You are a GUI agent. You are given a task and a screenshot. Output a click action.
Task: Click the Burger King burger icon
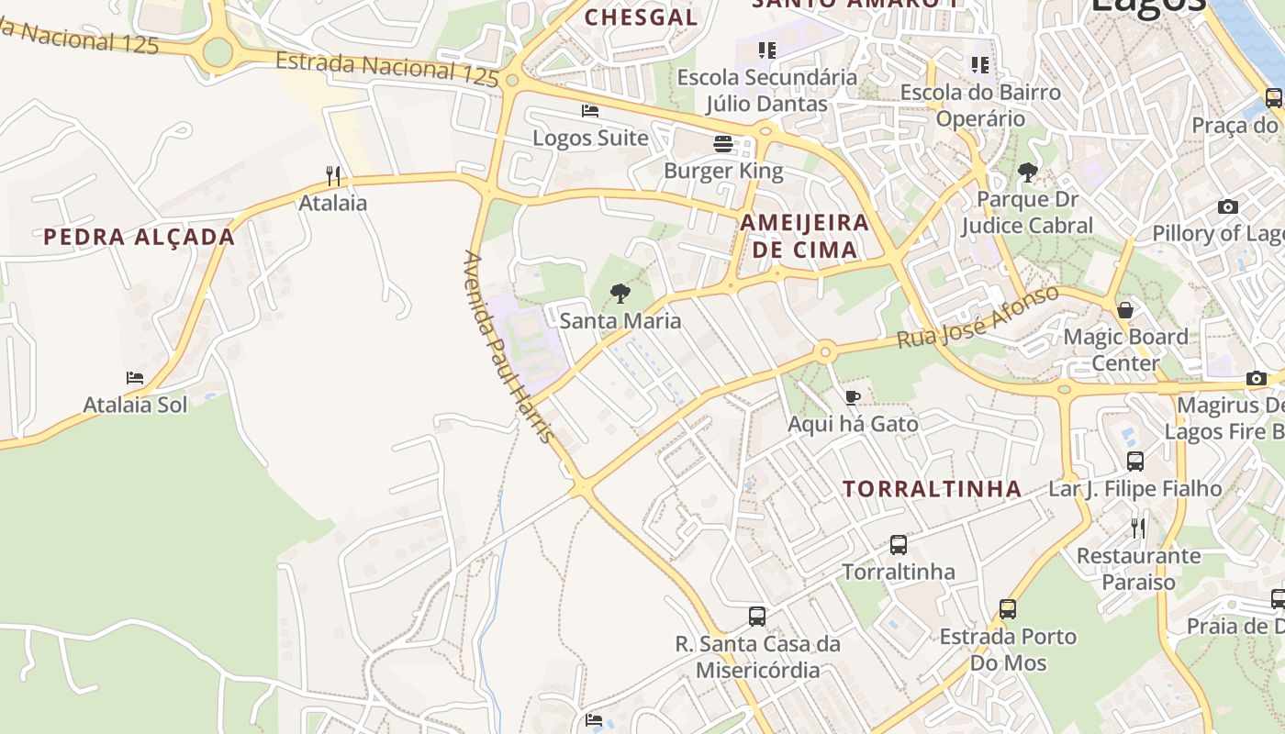[723, 144]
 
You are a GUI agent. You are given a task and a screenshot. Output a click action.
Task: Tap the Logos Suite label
[590, 139]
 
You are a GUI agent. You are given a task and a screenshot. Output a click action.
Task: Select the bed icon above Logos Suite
[590, 111]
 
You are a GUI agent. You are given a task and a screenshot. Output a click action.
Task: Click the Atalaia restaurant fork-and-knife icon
[333, 175]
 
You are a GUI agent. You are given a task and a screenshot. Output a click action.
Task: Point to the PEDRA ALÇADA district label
[140, 237]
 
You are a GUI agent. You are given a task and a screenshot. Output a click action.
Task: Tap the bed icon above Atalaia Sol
[135, 377]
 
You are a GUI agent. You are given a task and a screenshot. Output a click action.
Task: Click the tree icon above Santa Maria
[620, 294]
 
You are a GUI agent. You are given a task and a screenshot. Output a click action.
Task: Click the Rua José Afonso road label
[978, 317]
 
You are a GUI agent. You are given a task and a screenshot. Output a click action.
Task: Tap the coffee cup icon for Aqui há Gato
[853, 397]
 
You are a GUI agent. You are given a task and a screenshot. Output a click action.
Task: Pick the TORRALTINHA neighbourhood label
[933, 489]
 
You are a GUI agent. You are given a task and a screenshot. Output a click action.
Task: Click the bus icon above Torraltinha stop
[899, 545]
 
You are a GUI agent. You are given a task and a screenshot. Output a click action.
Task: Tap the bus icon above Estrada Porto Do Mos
[1008, 608]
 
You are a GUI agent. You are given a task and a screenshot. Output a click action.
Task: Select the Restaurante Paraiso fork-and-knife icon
[1138, 528]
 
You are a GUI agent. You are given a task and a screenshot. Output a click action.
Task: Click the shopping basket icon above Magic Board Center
[1125, 310]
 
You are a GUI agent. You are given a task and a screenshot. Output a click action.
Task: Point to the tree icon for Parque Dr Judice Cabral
[1028, 172]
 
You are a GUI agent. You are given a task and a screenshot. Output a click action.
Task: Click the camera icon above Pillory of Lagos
[1228, 206]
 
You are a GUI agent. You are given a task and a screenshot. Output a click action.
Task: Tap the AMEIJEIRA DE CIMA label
[805, 236]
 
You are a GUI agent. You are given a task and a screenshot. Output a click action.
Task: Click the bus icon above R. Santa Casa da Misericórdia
[757, 616]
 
